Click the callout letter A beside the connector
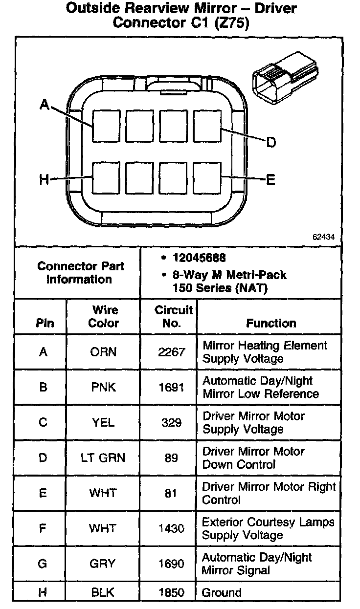[x=45, y=104]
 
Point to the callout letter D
[x=271, y=142]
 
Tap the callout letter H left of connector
[x=44, y=180]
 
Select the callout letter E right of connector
[x=270, y=180]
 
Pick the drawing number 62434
[x=324, y=237]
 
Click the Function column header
[x=270, y=323]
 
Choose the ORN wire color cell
[x=103, y=352]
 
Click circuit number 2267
[x=171, y=352]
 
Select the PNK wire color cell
[x=103, y=387]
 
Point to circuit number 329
[x=171, y=422]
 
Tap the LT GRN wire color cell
[x=103, y=458]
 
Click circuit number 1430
[x=171, y=528]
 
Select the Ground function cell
[x=222, y=593]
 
